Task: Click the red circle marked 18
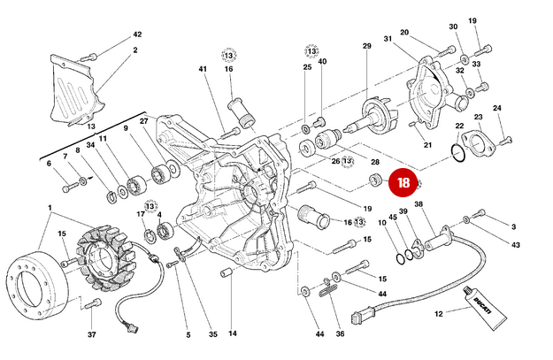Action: [403, 184]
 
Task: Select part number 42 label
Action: [136, 34]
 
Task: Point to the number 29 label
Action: [366, 46]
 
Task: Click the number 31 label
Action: [388, 39]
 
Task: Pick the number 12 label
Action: [437, 314]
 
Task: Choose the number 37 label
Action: [92, 335]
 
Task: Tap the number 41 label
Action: [202, 69]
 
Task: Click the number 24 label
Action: [497, 108]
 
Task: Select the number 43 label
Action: [516, 245]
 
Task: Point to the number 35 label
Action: [212, 335]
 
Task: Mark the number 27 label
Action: [144, 121]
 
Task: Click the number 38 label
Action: [419, 204]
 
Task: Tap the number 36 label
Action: [340, 334]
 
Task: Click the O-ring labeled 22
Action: [457, 156]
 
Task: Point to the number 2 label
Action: [135, 50]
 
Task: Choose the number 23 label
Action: [478, 117]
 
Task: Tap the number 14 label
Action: [233, 334]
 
